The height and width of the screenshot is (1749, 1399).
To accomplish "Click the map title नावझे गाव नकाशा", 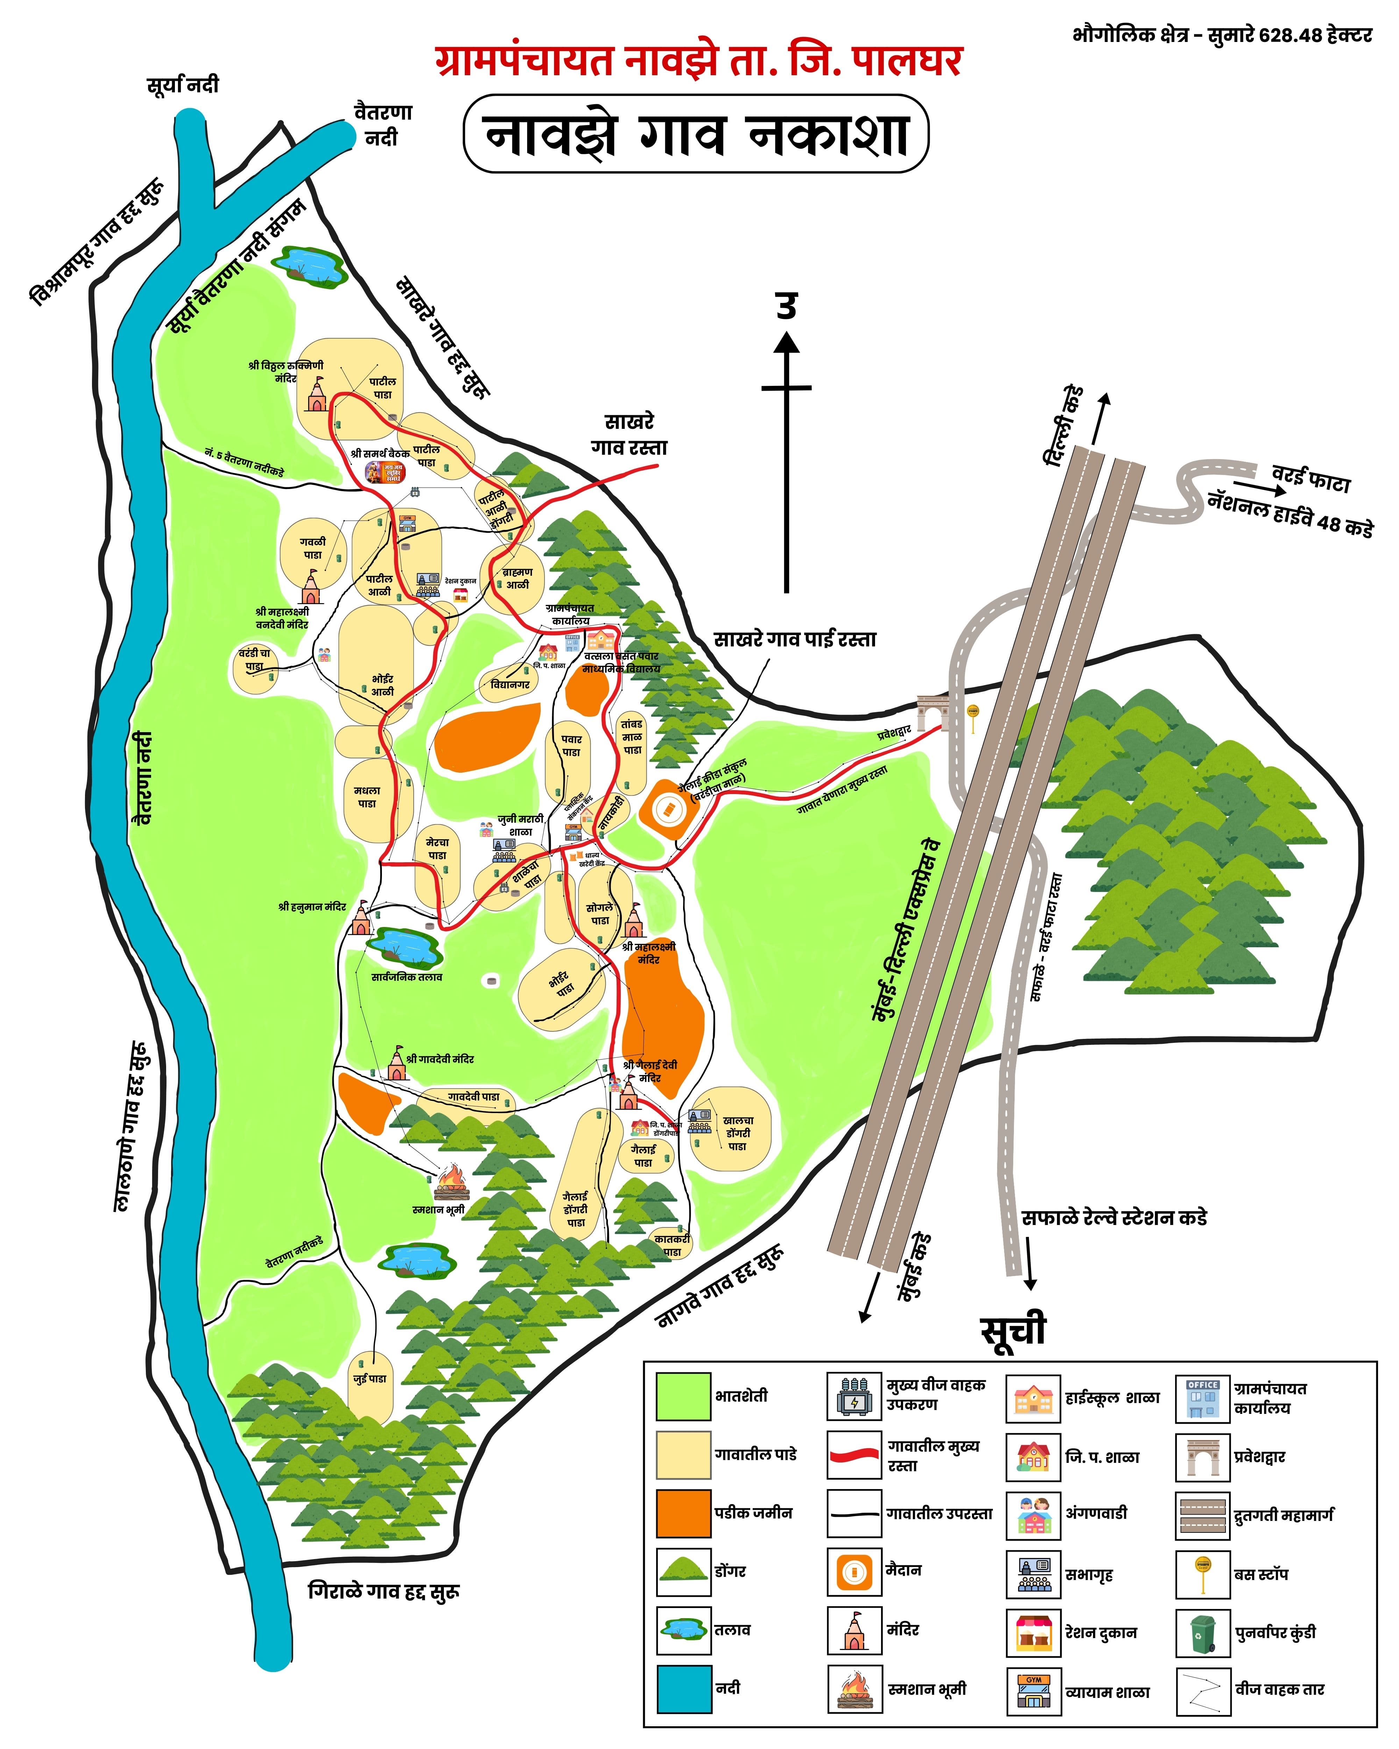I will coord(696,134).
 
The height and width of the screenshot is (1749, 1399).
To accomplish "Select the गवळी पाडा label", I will coord(312,548).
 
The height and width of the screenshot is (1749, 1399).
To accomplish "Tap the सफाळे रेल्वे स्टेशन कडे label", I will coord(1114,1218).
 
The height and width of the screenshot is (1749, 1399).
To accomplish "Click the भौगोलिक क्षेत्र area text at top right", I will coord(1221,35).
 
